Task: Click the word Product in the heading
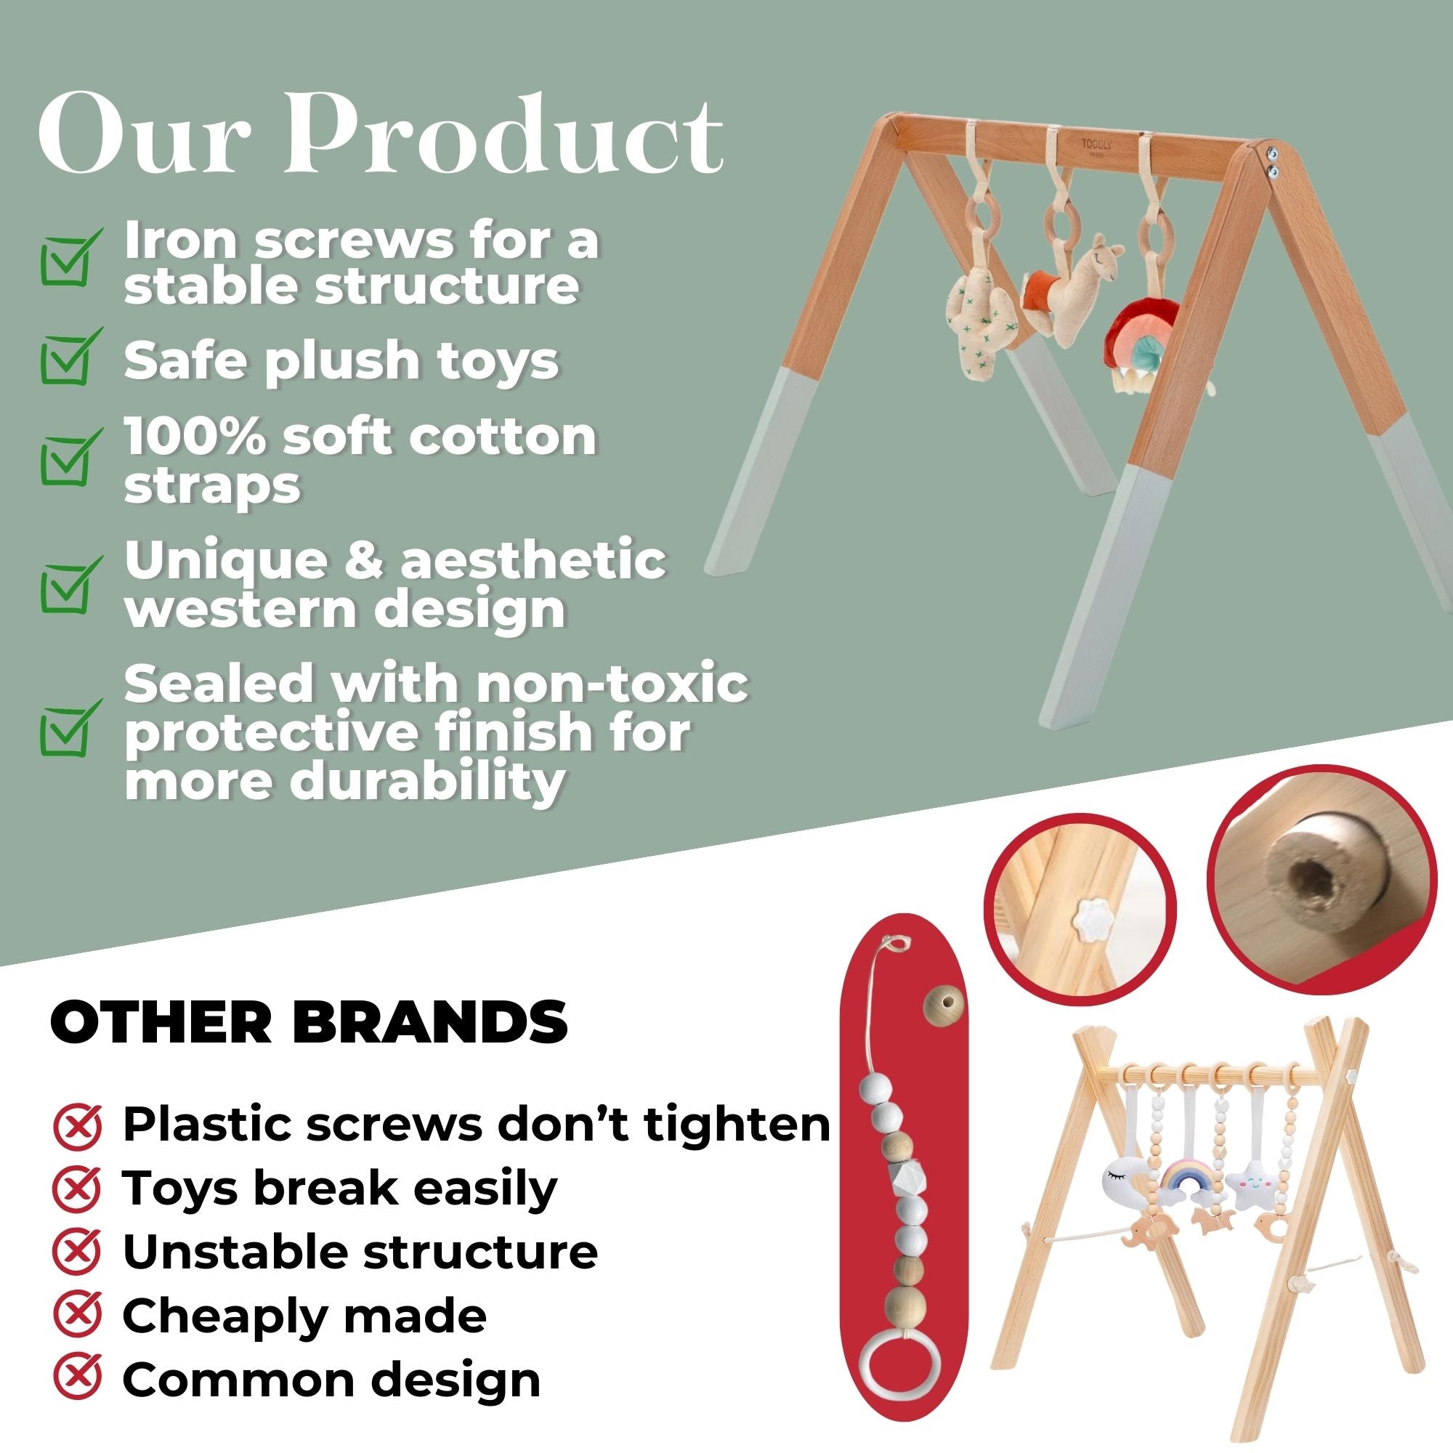503,134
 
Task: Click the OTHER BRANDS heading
309,1022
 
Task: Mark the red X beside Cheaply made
78,1316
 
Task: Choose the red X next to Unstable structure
78,1252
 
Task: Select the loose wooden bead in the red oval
939,1005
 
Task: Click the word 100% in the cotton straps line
194,436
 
